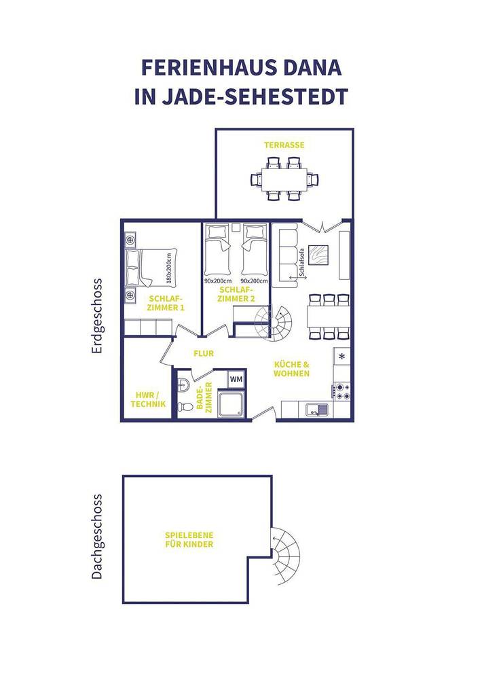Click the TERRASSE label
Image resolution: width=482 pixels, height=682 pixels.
coord(284,145)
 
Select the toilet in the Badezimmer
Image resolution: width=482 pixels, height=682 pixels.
coord(184,406)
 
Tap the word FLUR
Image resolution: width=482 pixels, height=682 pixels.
coord(204,354)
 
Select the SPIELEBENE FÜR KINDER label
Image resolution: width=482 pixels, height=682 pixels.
coord(189,540)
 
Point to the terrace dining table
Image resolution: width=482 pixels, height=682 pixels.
coord(284,179)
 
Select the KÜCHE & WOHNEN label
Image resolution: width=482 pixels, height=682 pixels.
coord(292,369)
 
